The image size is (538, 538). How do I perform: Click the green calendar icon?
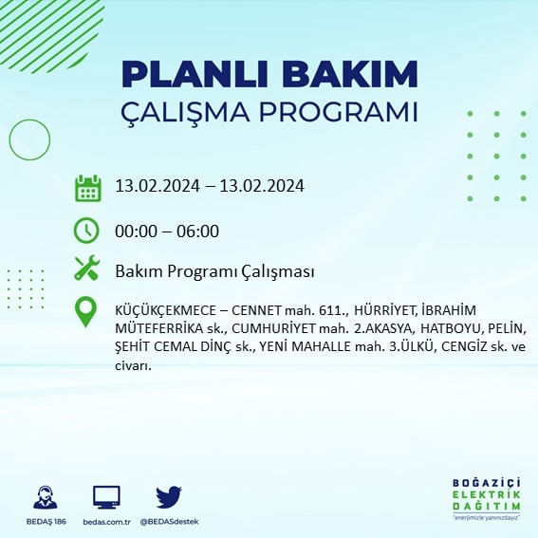click(87, 187)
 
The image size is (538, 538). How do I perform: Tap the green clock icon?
click(87, 231)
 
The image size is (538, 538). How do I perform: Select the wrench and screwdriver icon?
click(87, 269)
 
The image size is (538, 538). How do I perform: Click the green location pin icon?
click(87, 312)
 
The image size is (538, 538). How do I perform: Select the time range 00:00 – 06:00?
click(167, 231)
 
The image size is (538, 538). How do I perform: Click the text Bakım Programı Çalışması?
click(214, 271)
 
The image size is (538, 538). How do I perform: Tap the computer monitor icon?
click(105, 497)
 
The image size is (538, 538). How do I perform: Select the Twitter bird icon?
click(169, 496)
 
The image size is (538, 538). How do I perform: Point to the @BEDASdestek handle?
click(169, 522)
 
